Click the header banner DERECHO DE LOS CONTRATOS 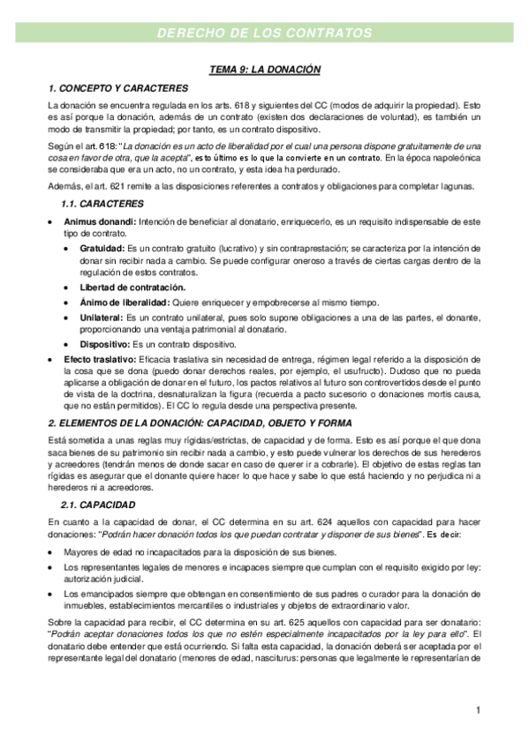click(x=264, y=33)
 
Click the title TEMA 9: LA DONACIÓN click(x=264, y=68)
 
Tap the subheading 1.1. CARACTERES click(x=102, y=204)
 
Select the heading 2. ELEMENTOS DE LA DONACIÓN click(x=200, y=423)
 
